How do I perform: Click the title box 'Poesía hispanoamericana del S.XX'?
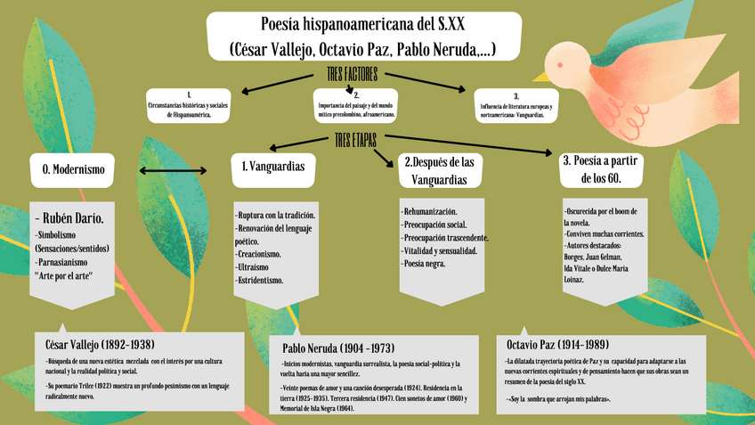pos(364,36)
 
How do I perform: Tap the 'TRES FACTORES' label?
pos(353,74)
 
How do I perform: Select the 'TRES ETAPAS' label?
pos(356,141)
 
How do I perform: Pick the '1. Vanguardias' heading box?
pos(273,167)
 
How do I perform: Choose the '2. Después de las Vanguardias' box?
pos(442,170)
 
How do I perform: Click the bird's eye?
pos(560,64)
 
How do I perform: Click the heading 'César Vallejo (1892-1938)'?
pos(100,344)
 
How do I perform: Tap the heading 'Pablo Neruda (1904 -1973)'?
pos(338,347)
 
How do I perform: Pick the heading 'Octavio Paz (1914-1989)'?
pos(557,345)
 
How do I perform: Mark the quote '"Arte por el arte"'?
pos(63,276)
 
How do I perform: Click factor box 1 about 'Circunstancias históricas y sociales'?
pos(188,105)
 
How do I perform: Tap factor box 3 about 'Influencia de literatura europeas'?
pos(516,106)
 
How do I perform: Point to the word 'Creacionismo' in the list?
pos(259,254)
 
